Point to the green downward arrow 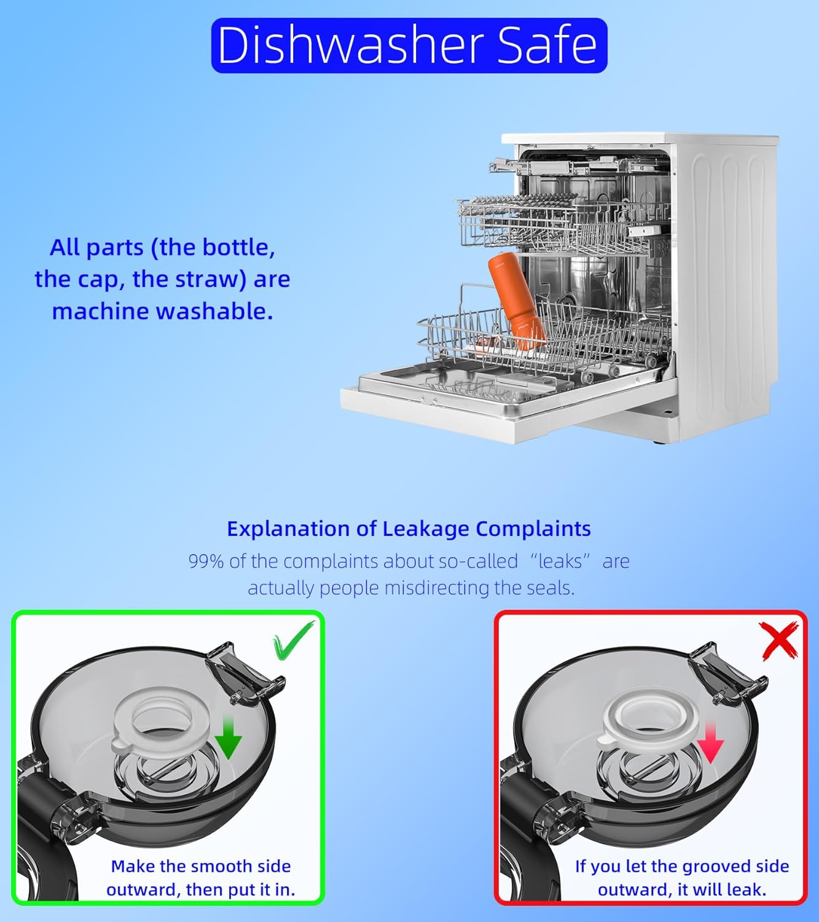(x=228, y=736)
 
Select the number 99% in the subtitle (x=206, y=562)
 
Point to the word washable (x=215, y=312)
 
